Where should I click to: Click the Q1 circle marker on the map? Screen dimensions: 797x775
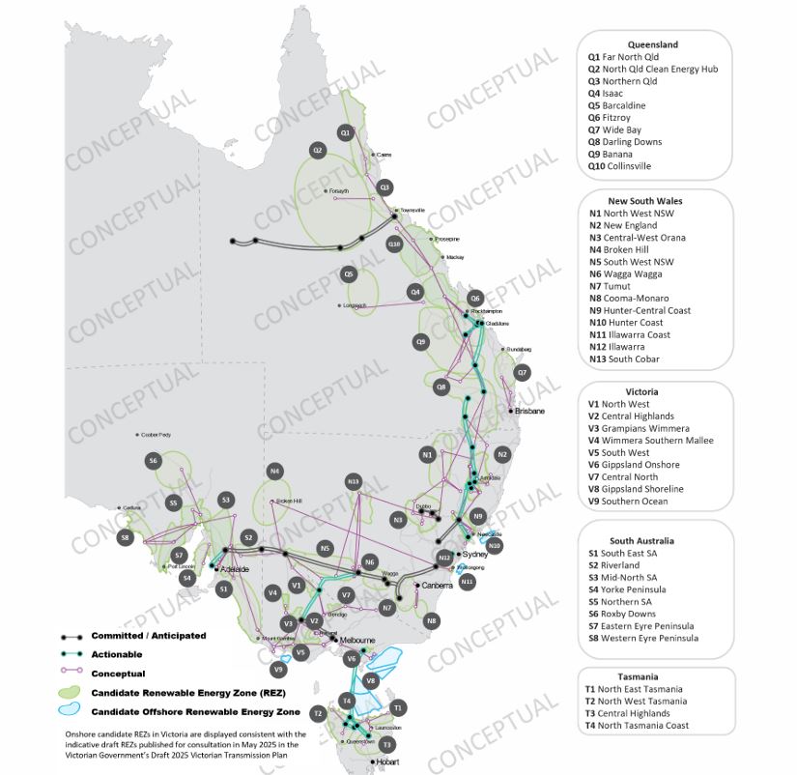click(x=345, y=131)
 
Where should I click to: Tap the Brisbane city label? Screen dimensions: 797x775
click(x=530, y=412)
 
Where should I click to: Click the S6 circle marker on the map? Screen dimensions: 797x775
click(x=153, y=461)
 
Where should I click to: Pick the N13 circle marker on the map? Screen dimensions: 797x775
click(x=353, y=481)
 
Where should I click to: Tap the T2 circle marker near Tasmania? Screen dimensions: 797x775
click(x=317, y=713)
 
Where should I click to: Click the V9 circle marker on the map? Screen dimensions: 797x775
click(x=278, y=669)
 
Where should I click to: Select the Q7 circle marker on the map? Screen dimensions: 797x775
click(x=523, y=372)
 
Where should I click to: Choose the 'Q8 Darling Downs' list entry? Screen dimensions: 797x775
click(x=625, y=142)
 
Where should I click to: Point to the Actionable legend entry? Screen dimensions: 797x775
click(x=116, y=654)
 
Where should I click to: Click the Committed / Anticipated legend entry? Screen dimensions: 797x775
click(x=148, y=636)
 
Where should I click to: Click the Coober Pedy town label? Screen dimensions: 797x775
click(x=157, y=435)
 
